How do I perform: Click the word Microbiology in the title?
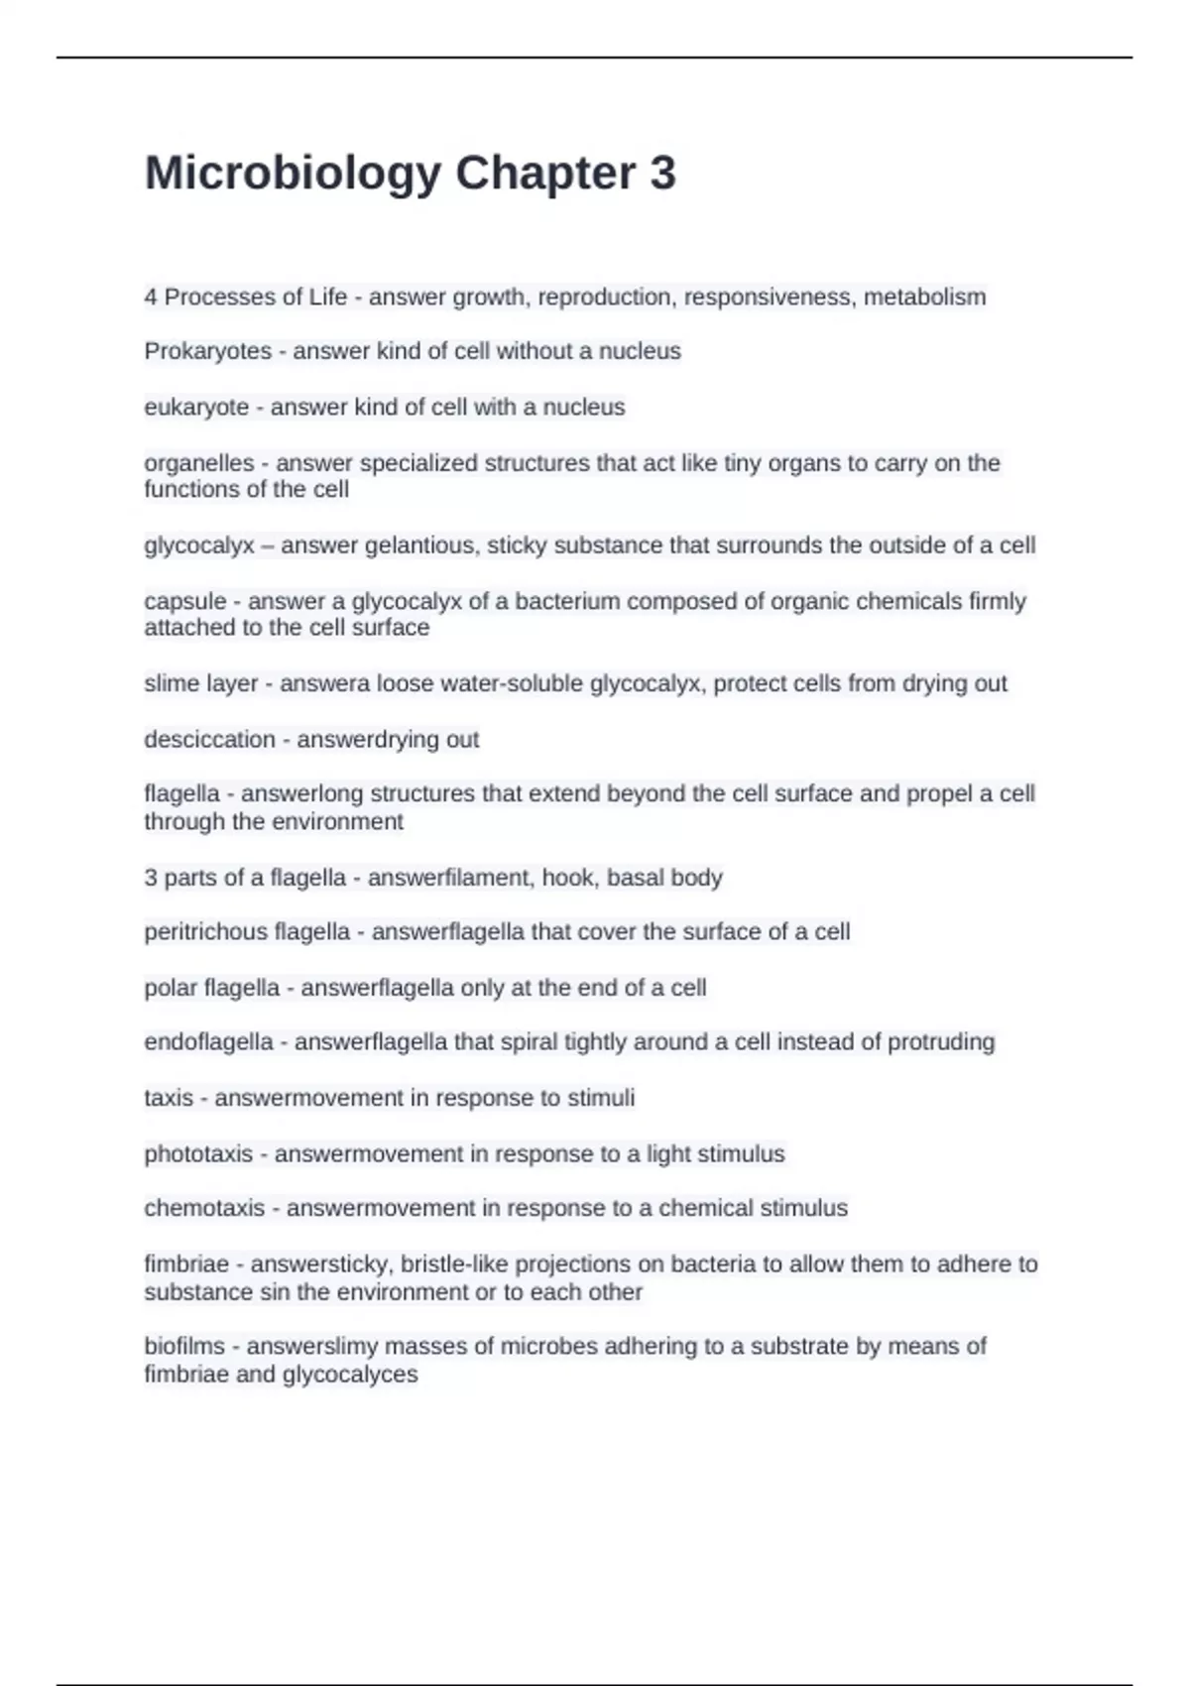(x=293, y=174)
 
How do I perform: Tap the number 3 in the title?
(x=663, y=174)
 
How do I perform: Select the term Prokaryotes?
(x=207, y=351)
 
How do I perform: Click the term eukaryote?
(x=196, y=408)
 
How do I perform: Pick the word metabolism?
(x=924, y=297)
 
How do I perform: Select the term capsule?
(x=185, y=601)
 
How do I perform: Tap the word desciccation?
(x=209, y=739)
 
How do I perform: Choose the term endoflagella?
(x=208, y=1042)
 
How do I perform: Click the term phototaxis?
(x=198, y=1154)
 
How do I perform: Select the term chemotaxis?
(x=204, y=1208)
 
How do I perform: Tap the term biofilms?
(x=184, y=1347)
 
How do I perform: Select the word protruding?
(x=940, y=1042)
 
